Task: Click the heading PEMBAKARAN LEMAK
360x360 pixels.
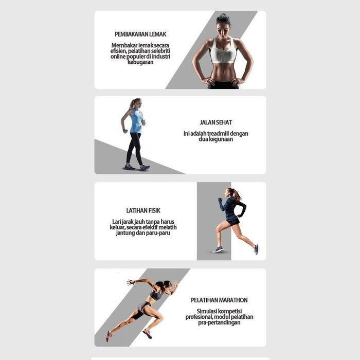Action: [140, 34]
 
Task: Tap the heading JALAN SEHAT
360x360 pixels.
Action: [215, 123]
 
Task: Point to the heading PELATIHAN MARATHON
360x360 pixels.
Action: [219, 300]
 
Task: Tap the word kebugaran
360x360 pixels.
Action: [140, 62]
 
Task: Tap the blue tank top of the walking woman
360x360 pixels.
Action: [136, 122]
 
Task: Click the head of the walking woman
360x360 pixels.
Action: [135, 103]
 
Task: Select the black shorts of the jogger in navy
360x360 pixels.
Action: [233, 221]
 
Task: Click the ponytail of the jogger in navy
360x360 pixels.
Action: [237, 194]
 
